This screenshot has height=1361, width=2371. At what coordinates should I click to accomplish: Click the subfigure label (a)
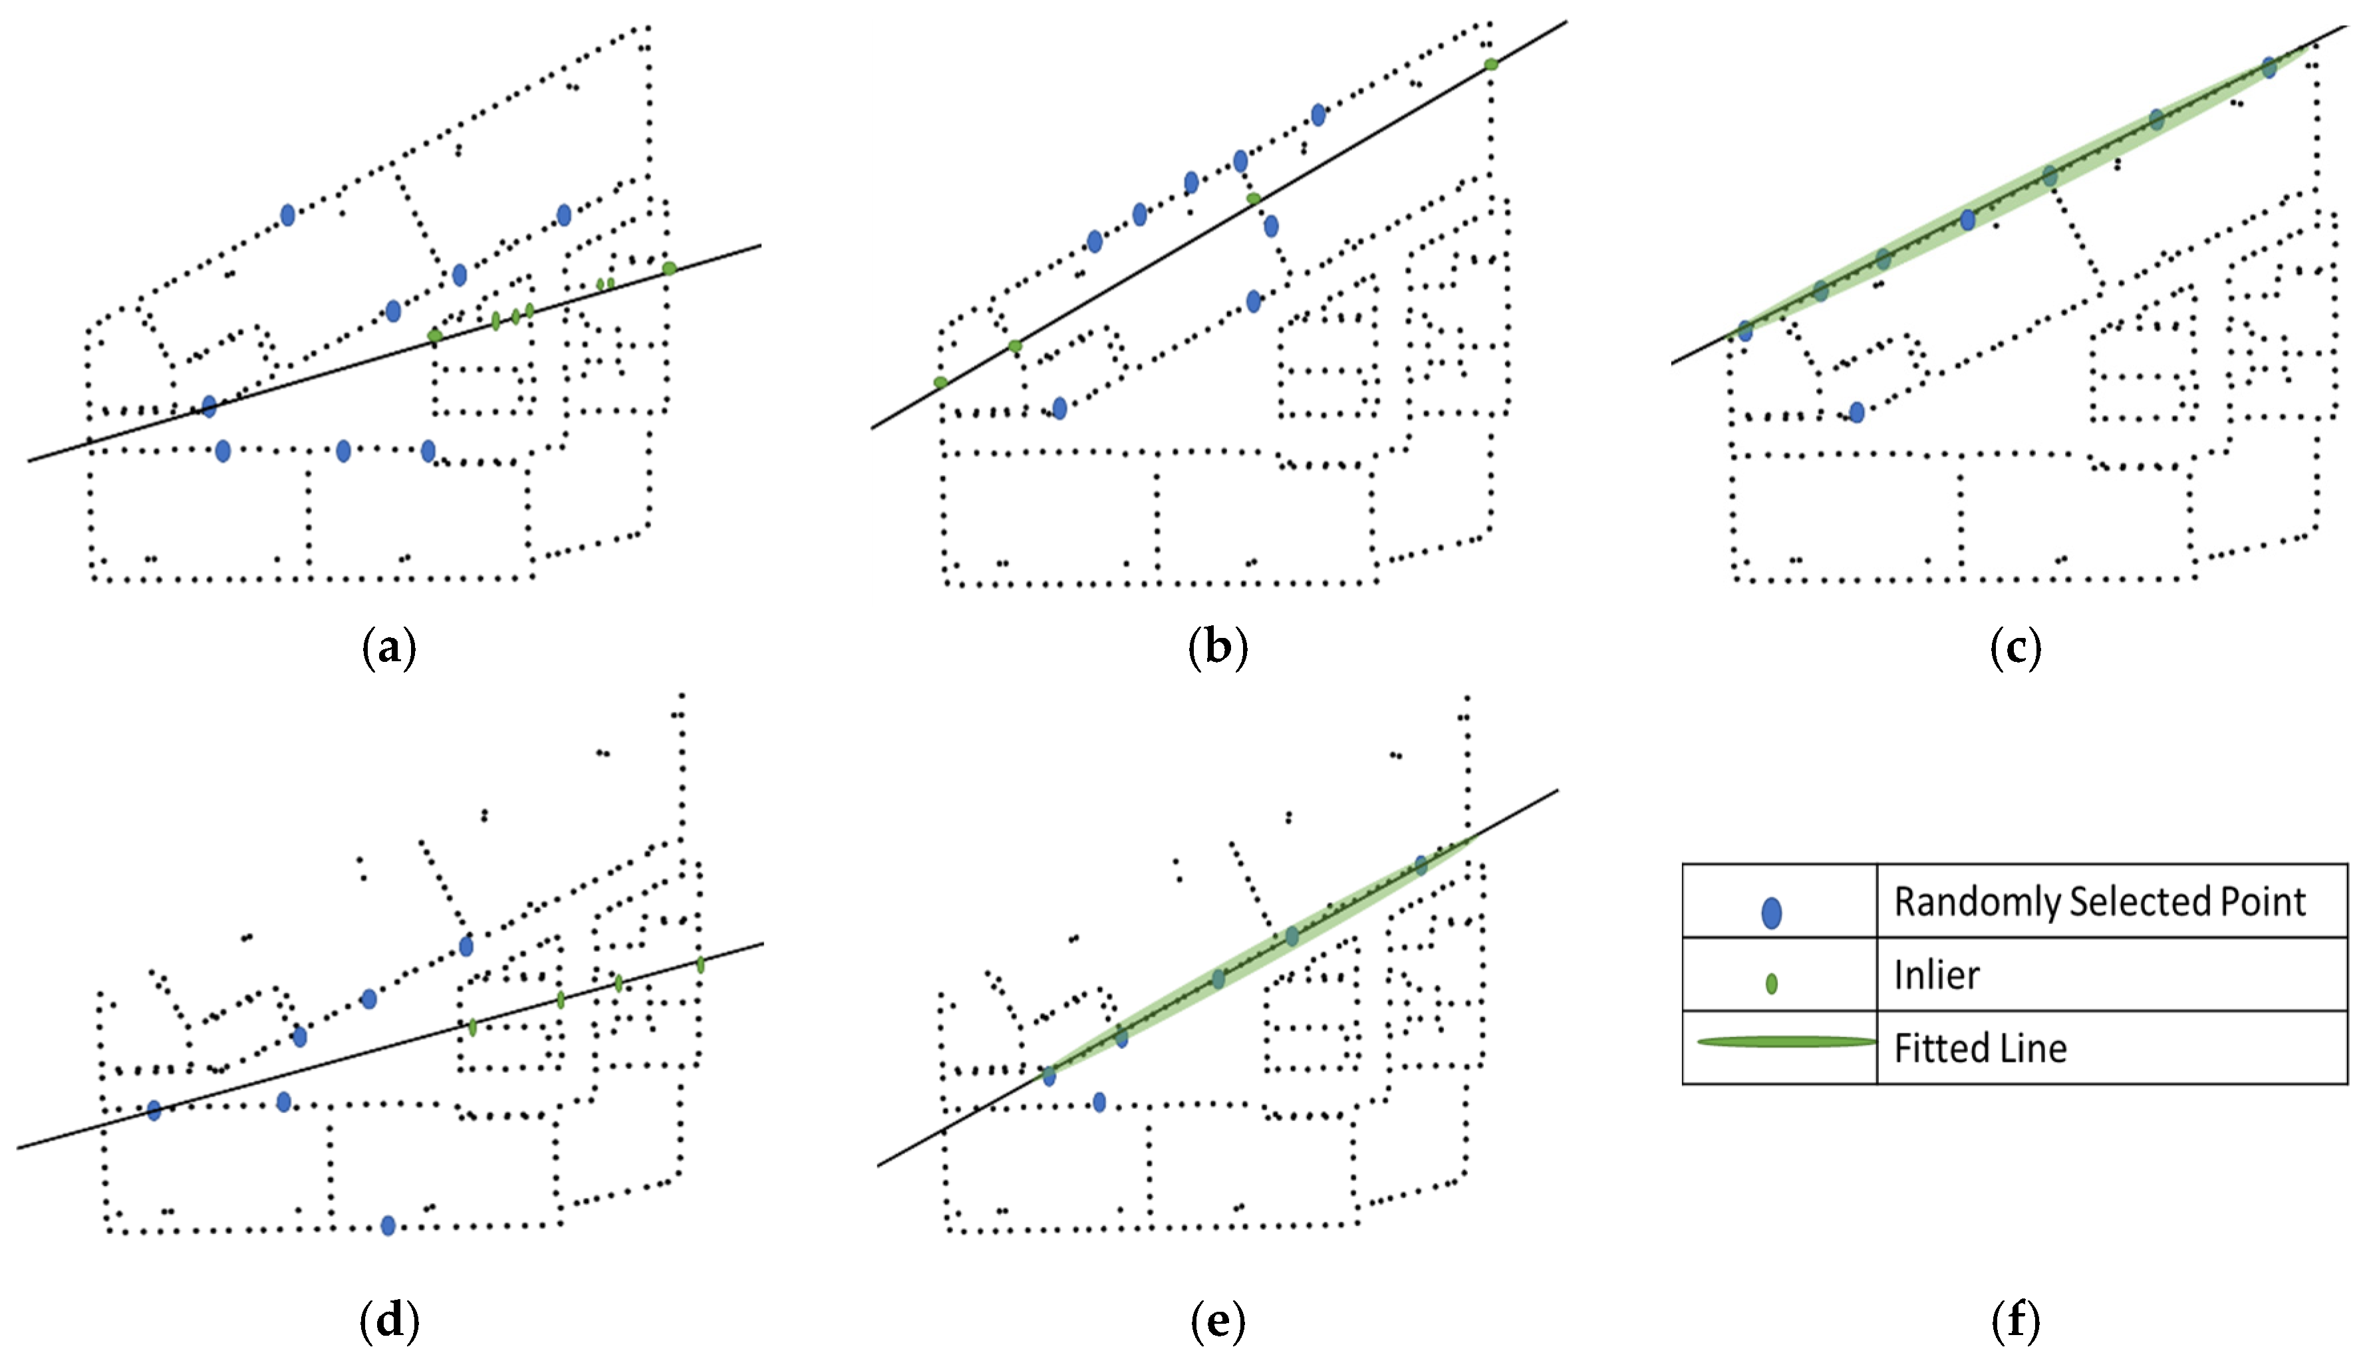point(389,648)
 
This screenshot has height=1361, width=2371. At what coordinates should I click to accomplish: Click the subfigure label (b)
point(1218,648)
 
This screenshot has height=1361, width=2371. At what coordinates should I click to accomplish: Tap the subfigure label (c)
point(2015,648)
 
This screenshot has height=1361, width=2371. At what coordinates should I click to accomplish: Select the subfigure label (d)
point(389,1321)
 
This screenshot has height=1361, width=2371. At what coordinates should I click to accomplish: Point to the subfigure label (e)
point(1218,1321)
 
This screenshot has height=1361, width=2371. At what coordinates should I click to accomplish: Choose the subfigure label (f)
point(2015,1321)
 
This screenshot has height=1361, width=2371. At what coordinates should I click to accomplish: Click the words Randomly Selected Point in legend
point(2099,901)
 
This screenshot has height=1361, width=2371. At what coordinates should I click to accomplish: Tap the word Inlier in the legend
point(1937,975)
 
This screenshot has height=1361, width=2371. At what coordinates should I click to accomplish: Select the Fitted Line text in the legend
point(1979,1048)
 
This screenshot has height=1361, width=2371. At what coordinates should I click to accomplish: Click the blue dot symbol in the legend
point(1771,912)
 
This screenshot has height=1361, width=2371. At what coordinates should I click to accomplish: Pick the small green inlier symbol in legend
point(1771,983)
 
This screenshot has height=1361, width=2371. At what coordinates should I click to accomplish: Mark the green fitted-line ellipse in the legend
point(1786,1041)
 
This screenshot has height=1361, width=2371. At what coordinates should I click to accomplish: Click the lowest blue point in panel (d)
point(388,1225)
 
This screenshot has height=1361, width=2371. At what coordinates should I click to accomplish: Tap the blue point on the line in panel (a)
point(209,406)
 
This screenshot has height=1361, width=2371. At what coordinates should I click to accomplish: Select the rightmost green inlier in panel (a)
point(669,268)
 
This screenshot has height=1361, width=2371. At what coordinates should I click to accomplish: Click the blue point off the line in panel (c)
point(1857,412)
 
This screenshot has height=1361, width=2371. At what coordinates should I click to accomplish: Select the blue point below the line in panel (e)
point(1099,1102)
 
